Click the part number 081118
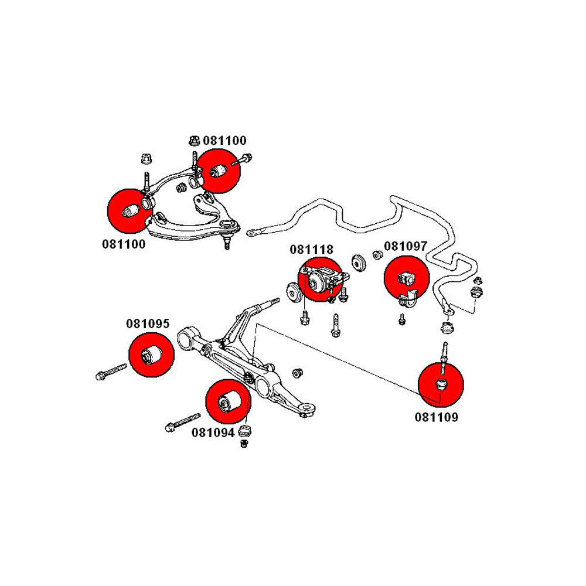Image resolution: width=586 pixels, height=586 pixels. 311,249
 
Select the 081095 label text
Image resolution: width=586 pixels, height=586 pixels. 147,323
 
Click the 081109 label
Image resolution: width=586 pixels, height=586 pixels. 437,417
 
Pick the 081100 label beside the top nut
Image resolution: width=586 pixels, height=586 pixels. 224,141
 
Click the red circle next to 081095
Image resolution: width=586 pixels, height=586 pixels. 151,354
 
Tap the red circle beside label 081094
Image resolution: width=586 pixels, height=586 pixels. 227,401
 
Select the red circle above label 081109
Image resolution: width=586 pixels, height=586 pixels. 441,385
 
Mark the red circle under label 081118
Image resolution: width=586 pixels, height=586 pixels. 319,280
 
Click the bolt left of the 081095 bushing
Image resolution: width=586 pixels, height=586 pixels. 110,372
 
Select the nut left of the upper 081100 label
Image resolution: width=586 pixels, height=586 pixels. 193,141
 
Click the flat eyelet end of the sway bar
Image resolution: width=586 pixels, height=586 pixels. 254,233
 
